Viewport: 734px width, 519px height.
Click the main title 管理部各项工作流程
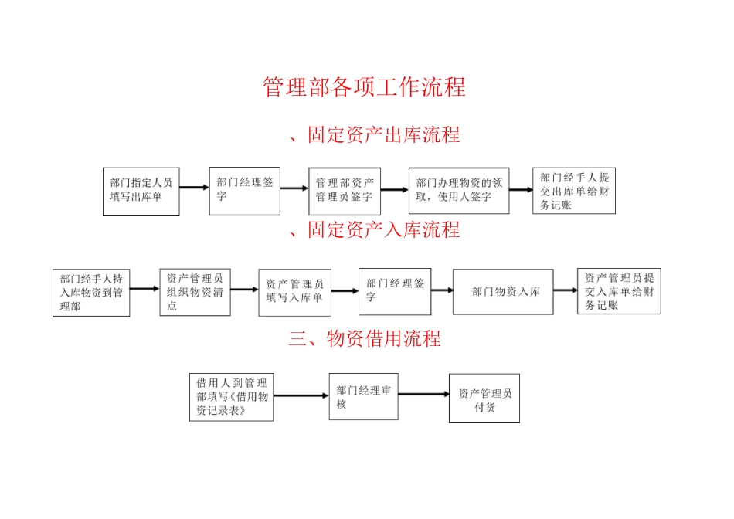[364, 87]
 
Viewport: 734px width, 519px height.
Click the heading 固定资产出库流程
[374, 135]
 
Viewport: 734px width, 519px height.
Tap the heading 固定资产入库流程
[374, 230]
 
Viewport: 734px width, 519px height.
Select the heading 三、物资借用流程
[365, 338]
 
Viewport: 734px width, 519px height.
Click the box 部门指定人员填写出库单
[141, 191]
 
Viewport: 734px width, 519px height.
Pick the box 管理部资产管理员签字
[345, 190]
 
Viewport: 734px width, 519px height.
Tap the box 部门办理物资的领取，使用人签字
[459, 191]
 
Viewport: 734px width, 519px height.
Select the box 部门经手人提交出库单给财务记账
[574, 191]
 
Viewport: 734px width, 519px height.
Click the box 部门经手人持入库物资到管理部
[92, 292]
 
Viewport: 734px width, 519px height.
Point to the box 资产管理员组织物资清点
[195, 292]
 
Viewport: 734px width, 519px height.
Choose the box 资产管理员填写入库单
[294, 292]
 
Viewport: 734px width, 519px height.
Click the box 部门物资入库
[503, 292]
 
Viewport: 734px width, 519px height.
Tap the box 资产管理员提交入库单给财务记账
[619, 291]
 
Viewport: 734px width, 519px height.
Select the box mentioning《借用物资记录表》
[231, 397]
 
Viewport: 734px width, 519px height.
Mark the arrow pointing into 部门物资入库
[441, 290]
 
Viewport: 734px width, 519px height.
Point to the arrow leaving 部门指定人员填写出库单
[194, 187]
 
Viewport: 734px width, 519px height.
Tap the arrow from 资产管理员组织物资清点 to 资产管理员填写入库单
[244, 290]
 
